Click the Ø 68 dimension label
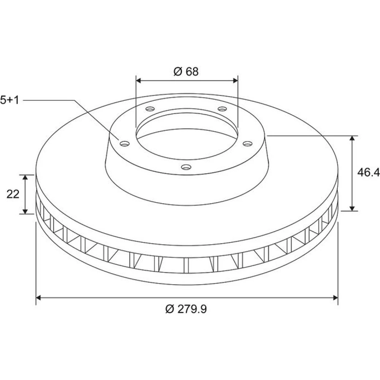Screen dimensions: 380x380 tap(186, 71)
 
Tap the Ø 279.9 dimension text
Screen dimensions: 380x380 tap(186, 309)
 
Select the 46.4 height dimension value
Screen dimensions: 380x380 tap(368, 172)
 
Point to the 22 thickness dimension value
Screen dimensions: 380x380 tap(13, 194)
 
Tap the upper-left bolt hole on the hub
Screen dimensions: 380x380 tap(150, 109)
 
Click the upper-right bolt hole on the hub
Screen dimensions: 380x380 tap(222, 109)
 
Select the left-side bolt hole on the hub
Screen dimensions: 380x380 tap(125, 144)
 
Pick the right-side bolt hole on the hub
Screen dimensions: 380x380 tap(247, 144)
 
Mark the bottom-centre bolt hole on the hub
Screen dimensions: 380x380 tap(186, 167)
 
